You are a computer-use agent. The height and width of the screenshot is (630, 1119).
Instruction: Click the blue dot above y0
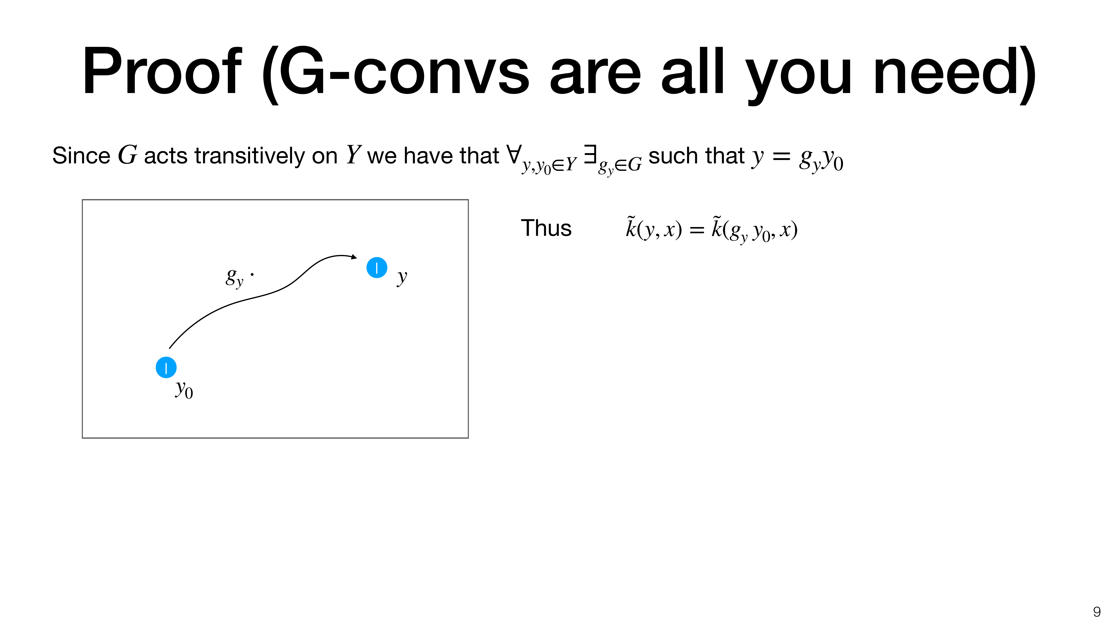click(x=166, y=367)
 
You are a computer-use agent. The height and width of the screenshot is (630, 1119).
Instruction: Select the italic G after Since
click(x=127, y=155)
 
